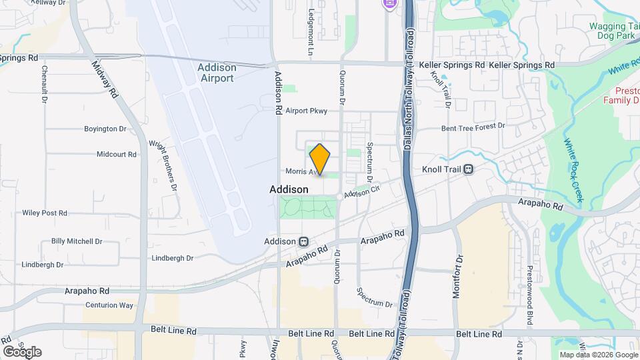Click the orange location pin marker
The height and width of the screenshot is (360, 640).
click(x=320, y=159)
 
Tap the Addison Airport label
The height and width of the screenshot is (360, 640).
click(x=217, y=73)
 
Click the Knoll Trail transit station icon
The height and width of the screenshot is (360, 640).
click(x=469, y=169)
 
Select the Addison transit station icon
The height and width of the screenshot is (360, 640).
click(x=303, y=241)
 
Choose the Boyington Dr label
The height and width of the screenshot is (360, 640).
click(x=105, y=129)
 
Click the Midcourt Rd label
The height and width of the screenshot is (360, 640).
click(x=116, y=154)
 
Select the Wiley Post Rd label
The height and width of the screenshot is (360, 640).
click(x=45, y=213)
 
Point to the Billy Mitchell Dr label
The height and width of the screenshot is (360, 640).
click(x=77, y=241)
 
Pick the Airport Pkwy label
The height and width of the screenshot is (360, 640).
click(x=307, y=111)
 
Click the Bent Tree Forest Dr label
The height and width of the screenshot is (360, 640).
click(x=473, y=127)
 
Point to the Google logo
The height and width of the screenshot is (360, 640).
click(x=22, y=351)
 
